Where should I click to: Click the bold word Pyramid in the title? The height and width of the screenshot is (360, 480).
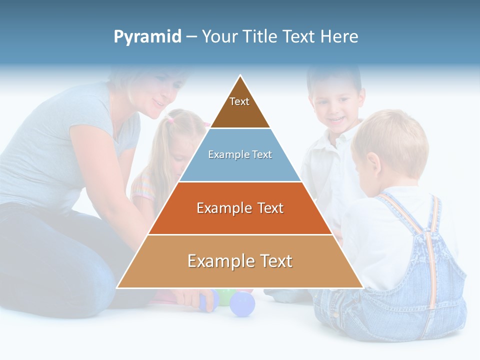point(147,37)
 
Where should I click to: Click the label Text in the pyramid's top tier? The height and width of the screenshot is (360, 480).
point(239,101)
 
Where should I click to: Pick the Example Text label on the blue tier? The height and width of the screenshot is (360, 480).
point(240,155)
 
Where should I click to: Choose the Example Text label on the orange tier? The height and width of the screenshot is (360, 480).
point(240,208)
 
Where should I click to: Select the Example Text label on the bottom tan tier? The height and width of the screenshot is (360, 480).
point(240,261)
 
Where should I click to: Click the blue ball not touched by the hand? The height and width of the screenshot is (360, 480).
point(242,303)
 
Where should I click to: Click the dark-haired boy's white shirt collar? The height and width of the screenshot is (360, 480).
point(345,137)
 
